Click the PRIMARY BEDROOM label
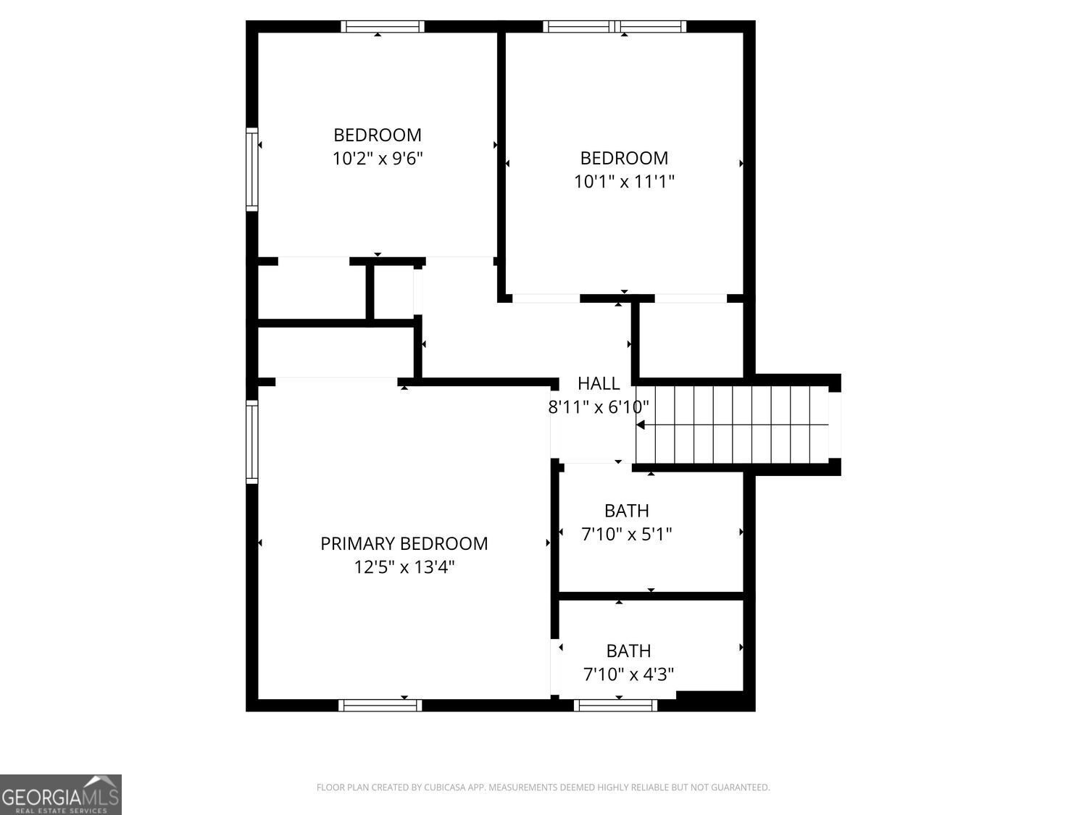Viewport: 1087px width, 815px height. [404, 544]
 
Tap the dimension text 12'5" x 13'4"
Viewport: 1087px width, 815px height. [404, 567]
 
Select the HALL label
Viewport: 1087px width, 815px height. [599, 383]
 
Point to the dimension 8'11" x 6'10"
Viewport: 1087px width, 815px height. [599, 407]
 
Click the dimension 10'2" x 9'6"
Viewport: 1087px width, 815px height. [378, 159]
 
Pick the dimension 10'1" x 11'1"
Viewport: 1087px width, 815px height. [624, 182]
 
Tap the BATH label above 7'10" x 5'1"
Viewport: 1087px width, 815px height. [626, 511]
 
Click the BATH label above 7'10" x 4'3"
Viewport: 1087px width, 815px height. [628, 651]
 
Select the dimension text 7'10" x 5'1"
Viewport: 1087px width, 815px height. [626, 535]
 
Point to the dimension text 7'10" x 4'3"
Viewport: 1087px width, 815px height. [628, 674]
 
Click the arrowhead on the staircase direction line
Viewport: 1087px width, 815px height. [641, 425]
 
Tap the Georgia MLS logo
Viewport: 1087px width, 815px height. [60, 794]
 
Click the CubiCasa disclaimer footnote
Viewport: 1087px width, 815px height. [543, 787]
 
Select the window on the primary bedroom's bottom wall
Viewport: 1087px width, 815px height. [380, 705]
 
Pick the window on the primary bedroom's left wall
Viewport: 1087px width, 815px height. [252, 441]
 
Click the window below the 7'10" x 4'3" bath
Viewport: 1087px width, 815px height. [615, 705]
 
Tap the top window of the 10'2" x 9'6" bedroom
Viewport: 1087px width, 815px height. [383, 27]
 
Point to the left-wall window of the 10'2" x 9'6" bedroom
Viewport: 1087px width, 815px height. [252, 170]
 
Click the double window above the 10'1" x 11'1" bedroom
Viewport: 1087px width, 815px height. [615, 27]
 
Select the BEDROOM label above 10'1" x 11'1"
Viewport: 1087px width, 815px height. [624, 159]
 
